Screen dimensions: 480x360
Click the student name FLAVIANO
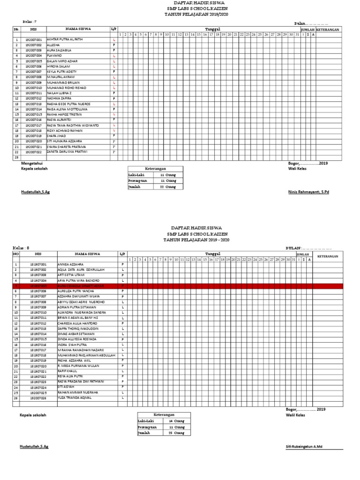click(55, 56)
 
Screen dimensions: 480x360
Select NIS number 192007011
click(33, 93)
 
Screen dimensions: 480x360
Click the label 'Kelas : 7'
click(30, 22)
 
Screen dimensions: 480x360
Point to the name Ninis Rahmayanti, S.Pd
click(308, 192)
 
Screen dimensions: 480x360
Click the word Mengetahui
click(32, 163)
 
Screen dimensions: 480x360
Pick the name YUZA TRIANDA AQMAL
click(75, 398)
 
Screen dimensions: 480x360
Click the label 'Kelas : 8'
click(21, 247)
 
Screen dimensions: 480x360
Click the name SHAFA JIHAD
click(57, 136)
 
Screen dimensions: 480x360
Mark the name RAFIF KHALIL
click(67, 371)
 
